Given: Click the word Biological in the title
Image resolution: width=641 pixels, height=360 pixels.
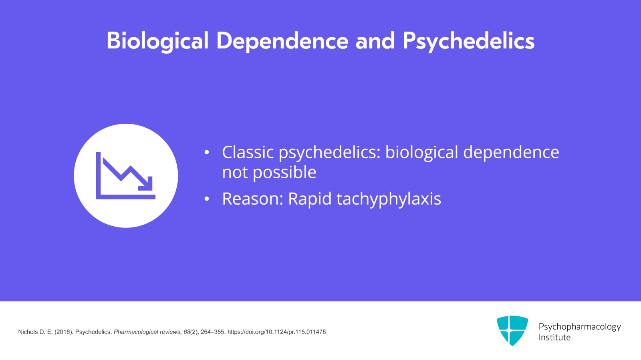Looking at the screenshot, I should [157, 41].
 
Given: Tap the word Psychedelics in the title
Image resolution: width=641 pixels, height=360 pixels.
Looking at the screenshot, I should [468, 41].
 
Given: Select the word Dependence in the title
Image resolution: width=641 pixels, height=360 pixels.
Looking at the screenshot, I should [282, 41].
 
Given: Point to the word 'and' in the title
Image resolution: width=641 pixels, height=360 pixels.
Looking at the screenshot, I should [375, 41].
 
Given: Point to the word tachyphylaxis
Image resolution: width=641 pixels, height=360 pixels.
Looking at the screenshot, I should [389, 199].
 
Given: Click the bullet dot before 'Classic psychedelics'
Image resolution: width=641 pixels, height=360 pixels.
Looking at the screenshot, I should [207, 153].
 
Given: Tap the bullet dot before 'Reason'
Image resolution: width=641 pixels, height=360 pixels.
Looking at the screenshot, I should [207, 199].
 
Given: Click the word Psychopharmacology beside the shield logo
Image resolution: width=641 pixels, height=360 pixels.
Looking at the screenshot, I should [579, 327].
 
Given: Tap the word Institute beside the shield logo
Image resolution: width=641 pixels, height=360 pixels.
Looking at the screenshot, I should [554, 338].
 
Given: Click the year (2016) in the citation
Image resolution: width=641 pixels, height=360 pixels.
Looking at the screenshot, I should [63, 332].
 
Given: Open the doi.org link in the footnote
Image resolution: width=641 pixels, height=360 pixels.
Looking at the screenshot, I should [276, 332].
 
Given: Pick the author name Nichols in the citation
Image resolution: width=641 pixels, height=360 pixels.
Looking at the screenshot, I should [28, 332].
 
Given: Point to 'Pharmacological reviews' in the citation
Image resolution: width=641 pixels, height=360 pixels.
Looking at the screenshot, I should [147, 332].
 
